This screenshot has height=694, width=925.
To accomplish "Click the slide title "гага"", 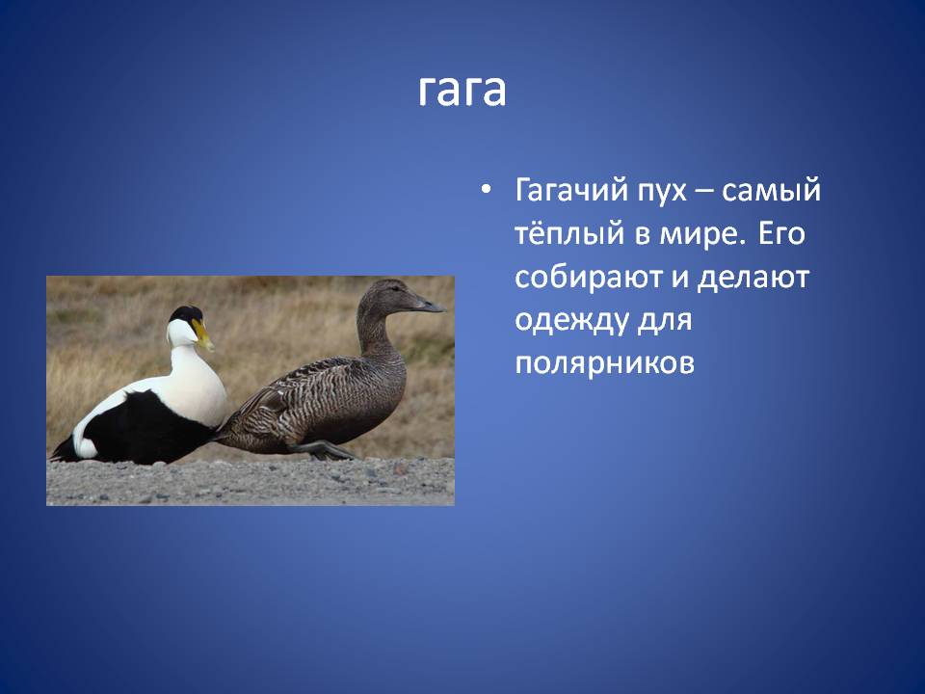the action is [462, 91].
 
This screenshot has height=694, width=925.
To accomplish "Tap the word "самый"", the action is [771, 190].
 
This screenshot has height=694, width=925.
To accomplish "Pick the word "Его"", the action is [781, 232].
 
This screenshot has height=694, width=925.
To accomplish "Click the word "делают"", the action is [753, 278].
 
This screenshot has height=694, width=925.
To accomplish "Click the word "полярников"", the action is [605, 364].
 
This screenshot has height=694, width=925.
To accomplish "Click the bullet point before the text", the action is [486, 191].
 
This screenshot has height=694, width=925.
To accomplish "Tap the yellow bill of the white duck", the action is [202, 334].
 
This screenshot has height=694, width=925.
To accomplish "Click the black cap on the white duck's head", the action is [186, 314].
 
